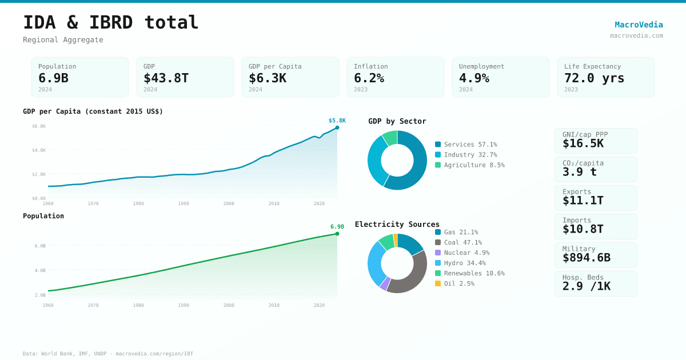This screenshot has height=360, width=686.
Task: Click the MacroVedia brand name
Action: point(639,25)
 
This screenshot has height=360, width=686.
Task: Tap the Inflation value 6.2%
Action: point(369,78)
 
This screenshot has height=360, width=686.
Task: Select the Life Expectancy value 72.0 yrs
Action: point(594,78)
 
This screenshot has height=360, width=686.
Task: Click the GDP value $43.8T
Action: point(166,78)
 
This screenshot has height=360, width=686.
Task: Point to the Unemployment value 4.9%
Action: point(474,78)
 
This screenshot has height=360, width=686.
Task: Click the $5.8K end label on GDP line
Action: point(337,121)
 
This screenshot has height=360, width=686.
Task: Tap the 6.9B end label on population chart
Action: point(337,227)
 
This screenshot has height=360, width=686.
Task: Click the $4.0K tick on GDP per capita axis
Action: point(39,150)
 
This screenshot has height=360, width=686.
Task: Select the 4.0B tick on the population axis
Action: point(39,270)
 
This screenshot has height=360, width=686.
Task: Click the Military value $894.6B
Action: point(586,258)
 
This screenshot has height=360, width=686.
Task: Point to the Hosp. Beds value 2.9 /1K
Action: point(586,286)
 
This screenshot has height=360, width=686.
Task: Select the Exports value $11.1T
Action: point(583,201)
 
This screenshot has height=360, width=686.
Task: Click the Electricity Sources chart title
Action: point(397,224)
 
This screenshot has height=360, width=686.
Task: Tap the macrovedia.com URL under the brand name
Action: point(636,35)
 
